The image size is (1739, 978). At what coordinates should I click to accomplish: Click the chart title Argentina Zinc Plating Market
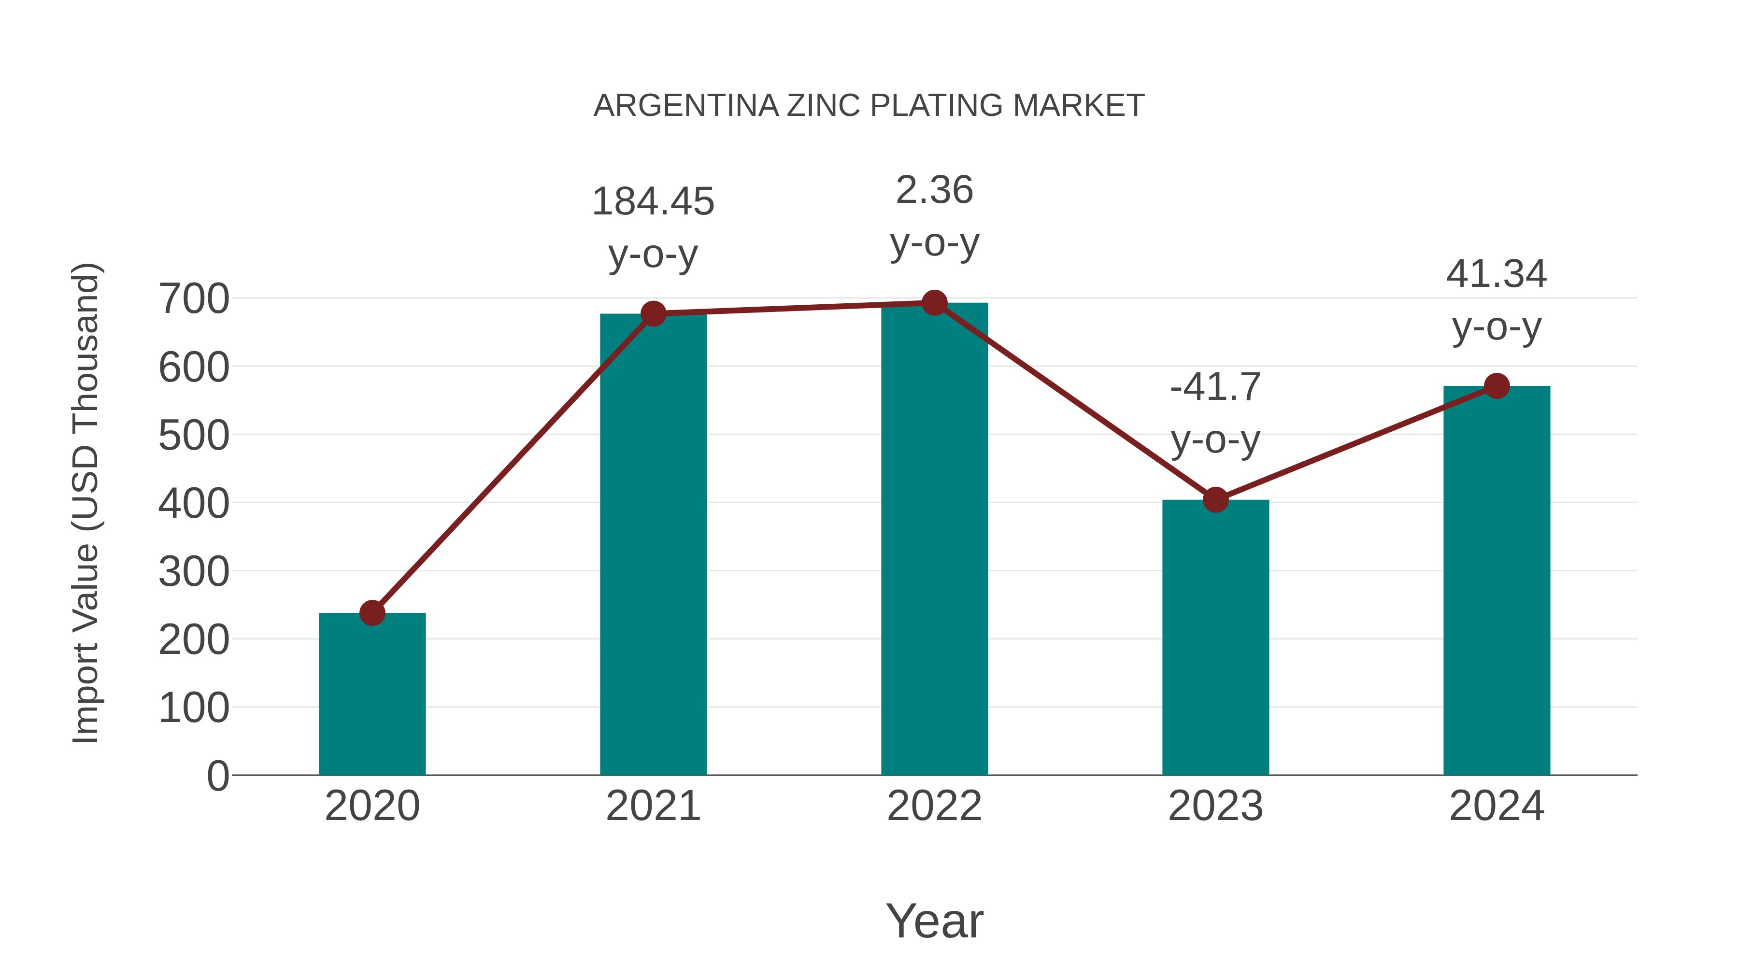[869, 106]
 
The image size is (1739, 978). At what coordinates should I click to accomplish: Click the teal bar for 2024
[1497, 581]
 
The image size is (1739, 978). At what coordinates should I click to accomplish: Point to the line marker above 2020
[372, 613]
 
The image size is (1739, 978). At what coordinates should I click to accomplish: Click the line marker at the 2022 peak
[934, 303]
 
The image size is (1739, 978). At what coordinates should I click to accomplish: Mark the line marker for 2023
[1215, 500]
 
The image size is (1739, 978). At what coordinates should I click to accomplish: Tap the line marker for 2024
[1497, 386]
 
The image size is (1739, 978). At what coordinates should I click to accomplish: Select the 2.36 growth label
[934, 190]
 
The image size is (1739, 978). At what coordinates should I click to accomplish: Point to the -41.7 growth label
[1215, 387]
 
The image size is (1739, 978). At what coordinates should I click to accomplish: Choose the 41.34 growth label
[1497, 274]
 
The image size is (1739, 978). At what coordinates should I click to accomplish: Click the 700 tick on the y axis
[194, 299]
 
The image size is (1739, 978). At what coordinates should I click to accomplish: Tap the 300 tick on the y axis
[194, 572]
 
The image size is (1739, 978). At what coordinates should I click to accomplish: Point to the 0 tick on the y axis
[217, 776]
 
